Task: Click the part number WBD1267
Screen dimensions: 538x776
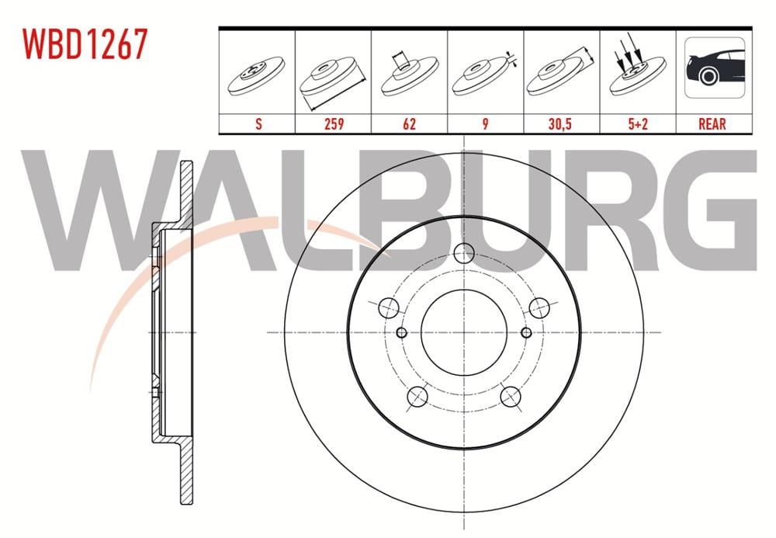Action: [x=85, y=44]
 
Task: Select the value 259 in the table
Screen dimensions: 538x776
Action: [x=333, y=123]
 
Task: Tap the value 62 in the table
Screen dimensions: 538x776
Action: [x=409, y=123]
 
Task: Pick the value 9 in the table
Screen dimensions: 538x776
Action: [x=485, y=123]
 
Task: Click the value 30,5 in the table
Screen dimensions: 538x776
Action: [x=561, y=123]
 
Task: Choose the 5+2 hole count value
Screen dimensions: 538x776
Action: [x=637, y=123]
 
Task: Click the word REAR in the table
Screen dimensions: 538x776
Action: [x=712, y=123]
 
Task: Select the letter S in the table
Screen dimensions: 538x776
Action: [x=257, y=123]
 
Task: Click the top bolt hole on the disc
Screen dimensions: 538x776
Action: [x=464, y=252]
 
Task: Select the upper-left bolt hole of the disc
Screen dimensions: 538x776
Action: [x=389, y=307]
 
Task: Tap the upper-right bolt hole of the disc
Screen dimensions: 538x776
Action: [x=539, y=307]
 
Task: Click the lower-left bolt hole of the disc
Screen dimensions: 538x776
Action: [x=417, y=397]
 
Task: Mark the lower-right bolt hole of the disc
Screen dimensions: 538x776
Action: [x=511, y=397]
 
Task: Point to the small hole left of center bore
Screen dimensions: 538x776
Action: [x=401, y=332]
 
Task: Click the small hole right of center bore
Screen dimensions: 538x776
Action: [x=526, y=332]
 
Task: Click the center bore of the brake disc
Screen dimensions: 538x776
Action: [x=464, y=332]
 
